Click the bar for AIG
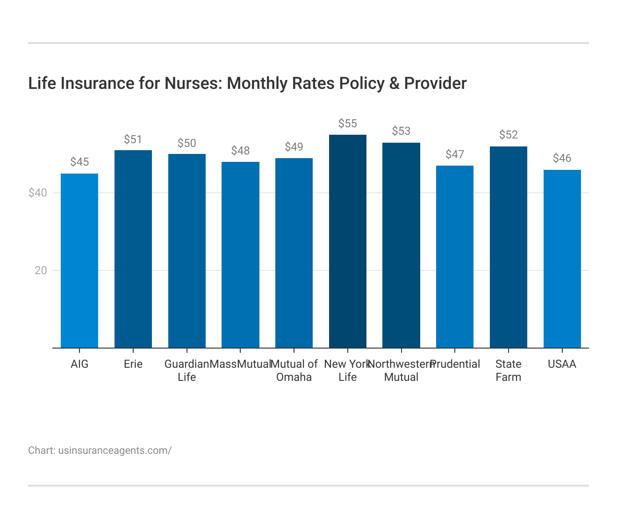[x=79, y=261]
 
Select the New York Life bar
[x=347, y=241]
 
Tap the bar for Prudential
[x=454, y=257]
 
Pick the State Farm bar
[x=508, y=247]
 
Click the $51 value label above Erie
[x=133, y=139]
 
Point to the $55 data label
[x=347, y=124]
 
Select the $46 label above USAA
[x=562, y=158]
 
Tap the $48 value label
[x=240, y=151]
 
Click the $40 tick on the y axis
[x=38, y=193]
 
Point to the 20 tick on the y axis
[x=41, y=270]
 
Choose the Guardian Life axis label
[x=187, y=371]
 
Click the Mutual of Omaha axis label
[x=294, y=371]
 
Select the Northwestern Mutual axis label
[x=401, y=371]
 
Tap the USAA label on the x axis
[x=562, y=364]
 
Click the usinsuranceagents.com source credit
[x=115, y=451]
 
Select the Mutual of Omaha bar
[x=294, y=253]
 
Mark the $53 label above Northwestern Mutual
[x=401, y=131]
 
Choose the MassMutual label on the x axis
[x=240, y=364]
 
